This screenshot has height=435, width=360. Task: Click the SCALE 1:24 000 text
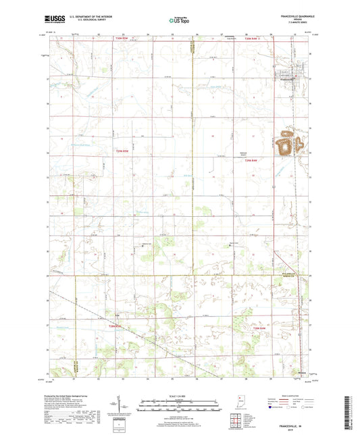(x=179, y=395)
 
